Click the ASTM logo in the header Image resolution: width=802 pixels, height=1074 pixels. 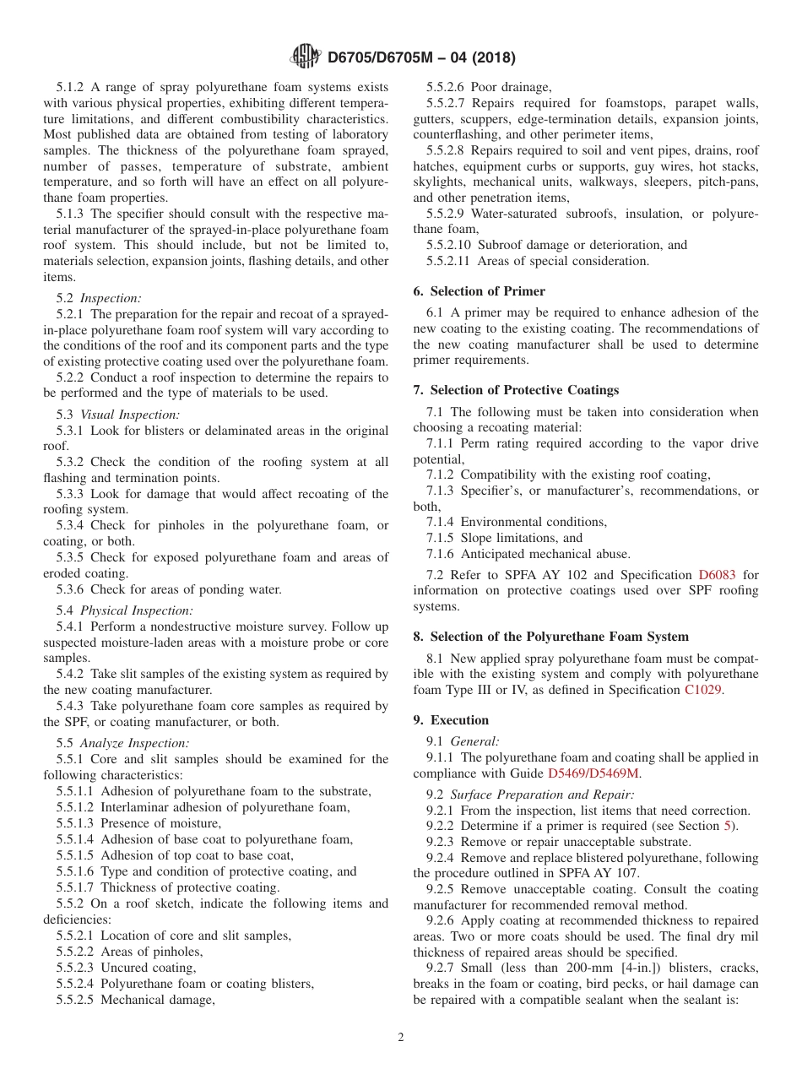click(x=305, y=57)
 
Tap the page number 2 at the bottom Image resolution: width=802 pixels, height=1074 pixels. click(x=401, y=1038)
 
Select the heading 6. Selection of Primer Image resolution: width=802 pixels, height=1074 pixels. click(x=479, y=291)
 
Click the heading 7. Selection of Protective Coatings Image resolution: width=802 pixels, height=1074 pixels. click(x=516, y=390)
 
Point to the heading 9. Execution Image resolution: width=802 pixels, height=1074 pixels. click(x=451, y=720)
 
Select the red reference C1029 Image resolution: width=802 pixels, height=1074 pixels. click(x=703, y=690)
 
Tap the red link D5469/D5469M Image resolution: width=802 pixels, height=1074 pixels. click(x=594, y=773)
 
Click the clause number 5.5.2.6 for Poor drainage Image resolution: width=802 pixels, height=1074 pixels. click(x=447, y=86)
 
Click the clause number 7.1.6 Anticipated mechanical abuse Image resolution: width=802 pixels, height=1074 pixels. click(x=440, y=554)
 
